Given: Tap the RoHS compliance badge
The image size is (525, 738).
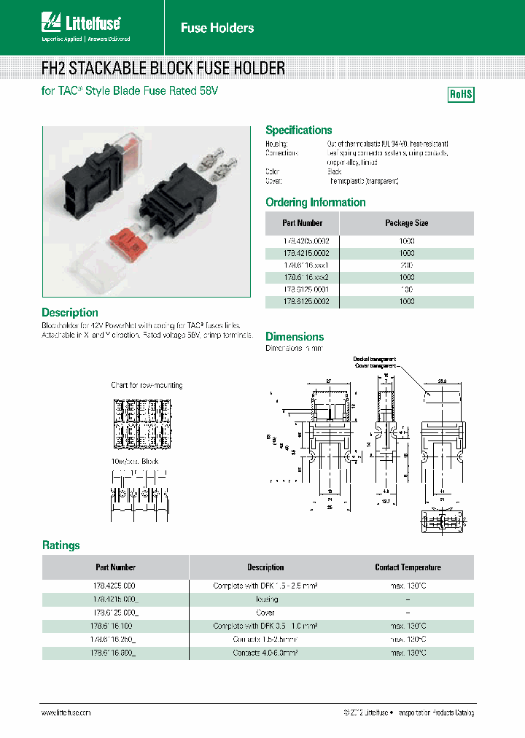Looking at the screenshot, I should click(x=460, y=94).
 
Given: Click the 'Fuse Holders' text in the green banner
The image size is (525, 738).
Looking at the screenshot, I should click(x=217, y=28).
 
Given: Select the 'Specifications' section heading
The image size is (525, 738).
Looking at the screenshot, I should click(x=298, y=130).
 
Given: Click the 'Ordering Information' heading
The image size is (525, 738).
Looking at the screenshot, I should click(x=315, y=202).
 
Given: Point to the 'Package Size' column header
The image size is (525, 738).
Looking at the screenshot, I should click(x=406, y=223).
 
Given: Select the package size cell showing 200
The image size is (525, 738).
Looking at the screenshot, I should click(x=406, y=265).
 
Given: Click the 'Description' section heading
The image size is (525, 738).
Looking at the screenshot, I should click(x=70, y=312).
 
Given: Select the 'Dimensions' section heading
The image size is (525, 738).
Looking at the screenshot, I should click(x=295, y=336).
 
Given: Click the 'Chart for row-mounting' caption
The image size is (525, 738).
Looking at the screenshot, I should click(x=147, y=384).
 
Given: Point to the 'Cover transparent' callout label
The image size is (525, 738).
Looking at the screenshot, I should click(x=375, y=366).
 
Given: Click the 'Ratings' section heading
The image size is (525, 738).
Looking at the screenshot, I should click(x=61, y=545).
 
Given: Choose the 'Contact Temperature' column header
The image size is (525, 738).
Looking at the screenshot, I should click(x=408, y=567).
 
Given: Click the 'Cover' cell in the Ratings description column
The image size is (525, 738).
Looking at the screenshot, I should click(x=265, y=613).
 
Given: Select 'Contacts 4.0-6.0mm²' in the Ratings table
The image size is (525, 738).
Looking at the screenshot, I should click(x=265, y=653).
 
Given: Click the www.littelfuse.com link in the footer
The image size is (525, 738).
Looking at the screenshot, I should click(x=66, y=712).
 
